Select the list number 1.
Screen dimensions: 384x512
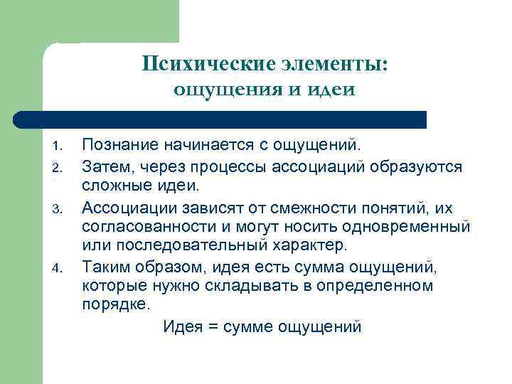coord(59,148)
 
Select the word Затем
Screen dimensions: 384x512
coord(106,166)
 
